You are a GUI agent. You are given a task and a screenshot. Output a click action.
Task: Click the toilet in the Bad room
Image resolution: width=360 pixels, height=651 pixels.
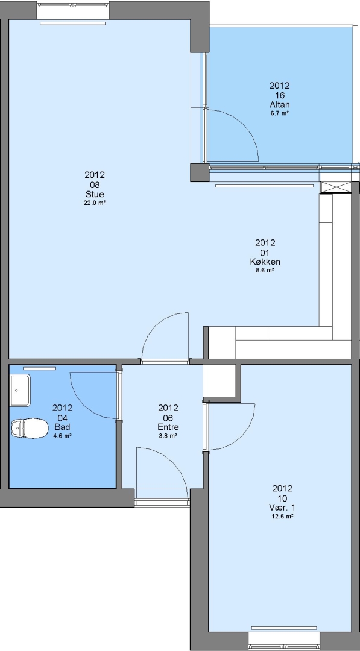29,428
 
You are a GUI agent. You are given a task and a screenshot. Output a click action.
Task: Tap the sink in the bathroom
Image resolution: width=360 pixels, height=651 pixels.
21,390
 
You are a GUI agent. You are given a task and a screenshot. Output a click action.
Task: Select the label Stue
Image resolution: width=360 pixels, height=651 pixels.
95,194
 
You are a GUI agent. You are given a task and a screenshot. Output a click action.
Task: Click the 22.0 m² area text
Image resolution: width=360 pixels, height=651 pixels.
95,203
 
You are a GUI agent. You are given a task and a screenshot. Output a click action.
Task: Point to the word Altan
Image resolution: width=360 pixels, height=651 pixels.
279,105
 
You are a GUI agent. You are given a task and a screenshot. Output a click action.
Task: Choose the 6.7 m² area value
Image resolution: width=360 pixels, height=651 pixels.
279,113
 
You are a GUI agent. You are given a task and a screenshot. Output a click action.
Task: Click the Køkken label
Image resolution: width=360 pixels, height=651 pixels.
265,262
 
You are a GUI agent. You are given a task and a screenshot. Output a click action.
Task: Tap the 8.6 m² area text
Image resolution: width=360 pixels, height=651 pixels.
265,270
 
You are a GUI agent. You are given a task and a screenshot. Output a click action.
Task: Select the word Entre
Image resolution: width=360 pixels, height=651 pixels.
168,427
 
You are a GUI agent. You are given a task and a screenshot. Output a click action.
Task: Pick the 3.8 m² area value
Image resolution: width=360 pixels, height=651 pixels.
168,436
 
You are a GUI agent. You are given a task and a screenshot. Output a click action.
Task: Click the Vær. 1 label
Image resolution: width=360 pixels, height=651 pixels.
282,508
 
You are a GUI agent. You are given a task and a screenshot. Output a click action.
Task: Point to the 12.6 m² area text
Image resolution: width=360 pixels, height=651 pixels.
282,517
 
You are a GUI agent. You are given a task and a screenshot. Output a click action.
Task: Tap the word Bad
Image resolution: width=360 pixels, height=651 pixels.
62,427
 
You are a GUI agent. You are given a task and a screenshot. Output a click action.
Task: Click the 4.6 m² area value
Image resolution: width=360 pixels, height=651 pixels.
62,436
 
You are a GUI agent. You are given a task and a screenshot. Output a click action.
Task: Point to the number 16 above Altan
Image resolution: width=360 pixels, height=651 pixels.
279,95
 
